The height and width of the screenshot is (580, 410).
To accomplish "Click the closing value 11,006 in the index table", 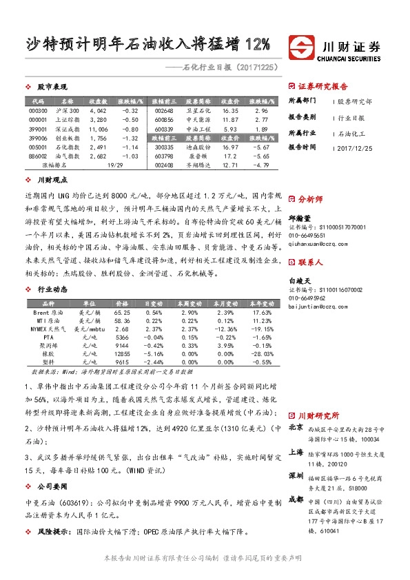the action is [99, 129].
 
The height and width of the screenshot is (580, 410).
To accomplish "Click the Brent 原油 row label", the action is [49, 312].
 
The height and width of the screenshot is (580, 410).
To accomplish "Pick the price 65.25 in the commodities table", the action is [122, 312].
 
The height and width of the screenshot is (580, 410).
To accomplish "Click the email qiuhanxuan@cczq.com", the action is [318, 242].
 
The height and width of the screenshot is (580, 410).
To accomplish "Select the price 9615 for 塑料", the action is [122, 362].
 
